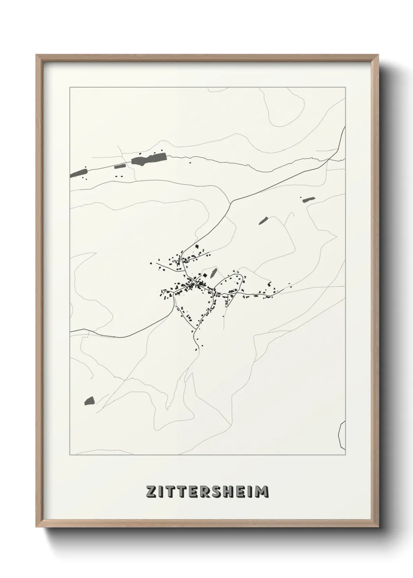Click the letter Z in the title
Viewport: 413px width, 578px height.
click(151, 491)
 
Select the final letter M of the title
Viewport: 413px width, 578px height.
click(262, 491)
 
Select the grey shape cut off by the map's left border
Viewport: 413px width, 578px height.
click(78, 173)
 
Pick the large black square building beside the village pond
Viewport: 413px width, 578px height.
click(204, 276)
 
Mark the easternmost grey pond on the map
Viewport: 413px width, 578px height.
click(308, 199)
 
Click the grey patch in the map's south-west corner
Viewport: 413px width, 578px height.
click(89, 401)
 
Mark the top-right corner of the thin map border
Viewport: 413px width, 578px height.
click(345, 87)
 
